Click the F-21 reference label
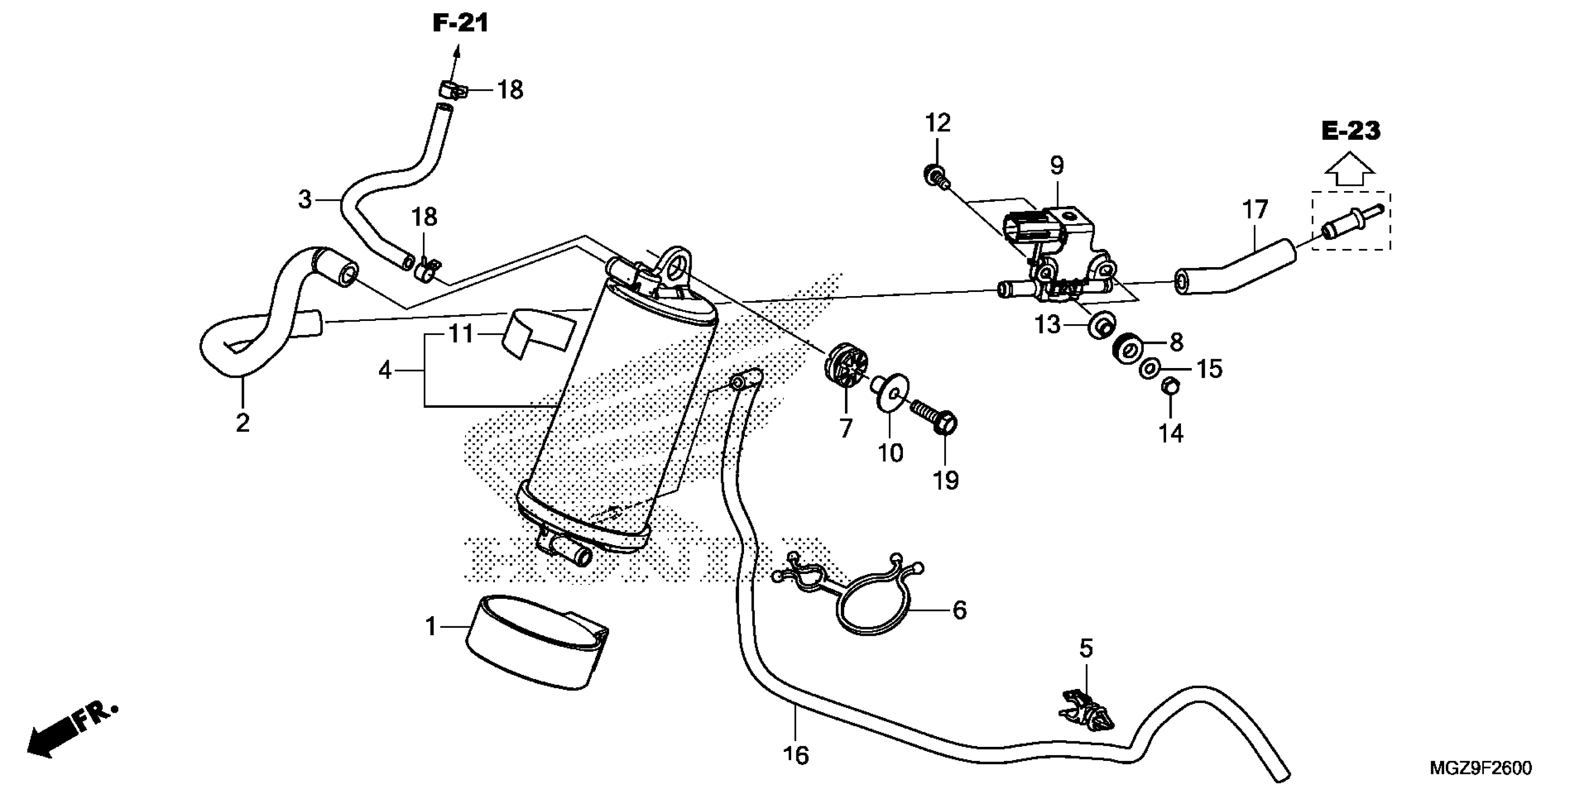(x=460, y=23)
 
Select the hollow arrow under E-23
(x=1350, y=171)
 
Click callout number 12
(x=938, y=123)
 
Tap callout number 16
(x=796, y=755)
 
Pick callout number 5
(x=1086, y=649)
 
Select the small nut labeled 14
(x=1170, y=387)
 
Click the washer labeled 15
(x=1149, y=369)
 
